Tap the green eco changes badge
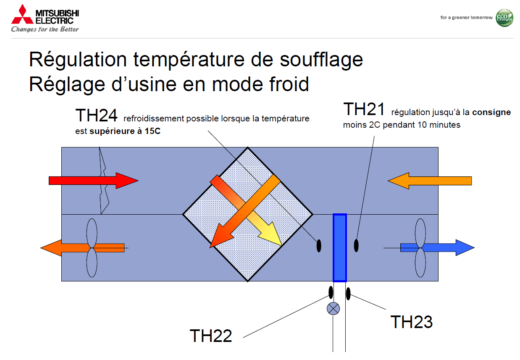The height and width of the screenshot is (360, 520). tap(504, 18)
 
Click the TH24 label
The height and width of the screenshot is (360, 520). tap(96, 116)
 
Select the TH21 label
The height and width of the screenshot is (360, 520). tap(364, 109)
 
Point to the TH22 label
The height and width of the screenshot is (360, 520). tap(211, 336)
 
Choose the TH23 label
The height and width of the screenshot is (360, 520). tap(412, 322)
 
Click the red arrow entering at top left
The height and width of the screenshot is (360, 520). tap(94, 181)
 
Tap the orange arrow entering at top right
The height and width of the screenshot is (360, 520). tap(430, 181)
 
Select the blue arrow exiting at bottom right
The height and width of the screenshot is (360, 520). tap(437, 248)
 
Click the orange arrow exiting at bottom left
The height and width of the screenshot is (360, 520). tap(82, 248)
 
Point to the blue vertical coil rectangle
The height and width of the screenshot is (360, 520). tap(340, 248)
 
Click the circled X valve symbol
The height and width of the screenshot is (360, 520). tap(333, 309)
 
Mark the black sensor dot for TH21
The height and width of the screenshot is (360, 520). tap(356, 246)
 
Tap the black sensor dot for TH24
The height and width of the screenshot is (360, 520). tap(319, 246)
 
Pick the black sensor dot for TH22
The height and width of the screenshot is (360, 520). tap(331, 292)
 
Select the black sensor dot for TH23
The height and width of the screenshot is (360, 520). tap(348, 294)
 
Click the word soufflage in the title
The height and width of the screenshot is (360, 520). tap(321, 60)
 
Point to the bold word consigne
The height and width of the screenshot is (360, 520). tap(491, 112)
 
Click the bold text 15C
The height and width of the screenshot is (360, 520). tap(152, 131)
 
